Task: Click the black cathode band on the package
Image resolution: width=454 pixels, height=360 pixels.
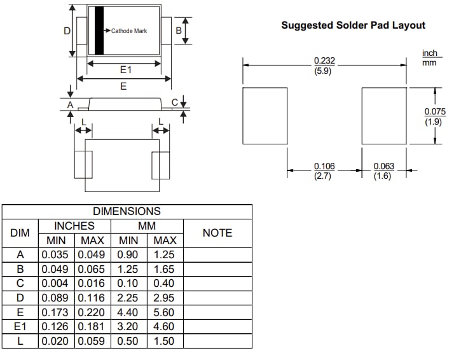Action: tap(99, 31)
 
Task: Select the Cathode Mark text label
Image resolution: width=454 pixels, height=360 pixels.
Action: tap(129, 31)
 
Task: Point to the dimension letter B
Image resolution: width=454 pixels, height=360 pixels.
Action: tap(179, 31)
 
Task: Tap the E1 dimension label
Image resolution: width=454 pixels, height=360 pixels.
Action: tap(125, 71)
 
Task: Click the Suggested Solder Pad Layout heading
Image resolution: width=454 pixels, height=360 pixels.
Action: tap(353, 25)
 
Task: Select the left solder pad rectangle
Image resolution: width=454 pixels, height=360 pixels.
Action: tap(266, 116)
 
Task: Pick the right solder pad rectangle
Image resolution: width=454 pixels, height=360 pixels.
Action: tap(384, 116)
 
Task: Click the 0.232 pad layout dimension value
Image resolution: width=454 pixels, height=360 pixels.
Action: tap(324, 61)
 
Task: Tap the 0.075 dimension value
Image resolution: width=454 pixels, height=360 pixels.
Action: tap(435, 112)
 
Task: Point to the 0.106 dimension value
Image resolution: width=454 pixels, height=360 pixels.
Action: tap(324, 167)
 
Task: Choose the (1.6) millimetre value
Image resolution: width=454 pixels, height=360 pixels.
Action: tap(383, 176)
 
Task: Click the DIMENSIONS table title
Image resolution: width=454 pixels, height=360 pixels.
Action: tap(127, 211)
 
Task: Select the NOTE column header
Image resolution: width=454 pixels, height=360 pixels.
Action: tap(217, 233)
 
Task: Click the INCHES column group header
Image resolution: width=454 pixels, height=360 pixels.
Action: tap(74, 226)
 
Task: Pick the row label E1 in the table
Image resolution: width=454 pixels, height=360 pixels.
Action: tap(20, 326)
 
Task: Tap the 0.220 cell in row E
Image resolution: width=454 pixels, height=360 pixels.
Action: tap(93, 312)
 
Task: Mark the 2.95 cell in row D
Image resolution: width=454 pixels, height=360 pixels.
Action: tap(164, 298)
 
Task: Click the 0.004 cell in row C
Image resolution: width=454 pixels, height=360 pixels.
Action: tap(57, 283)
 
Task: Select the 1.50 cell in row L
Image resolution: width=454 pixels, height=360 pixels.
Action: tap(164, 341)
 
